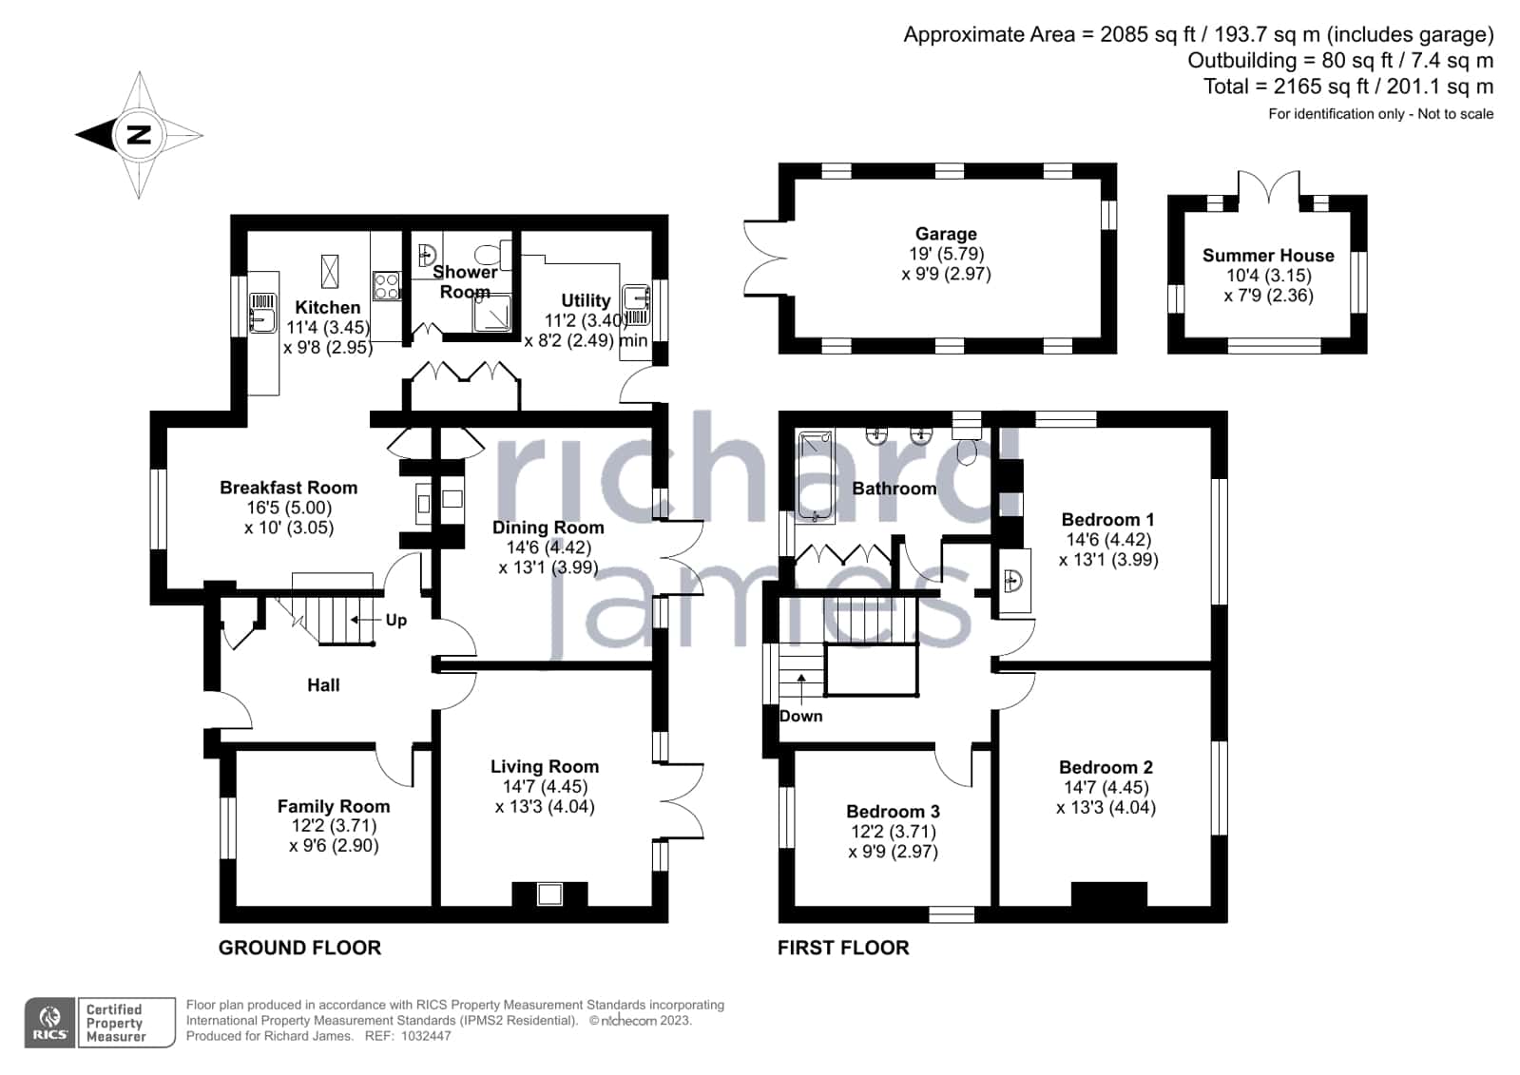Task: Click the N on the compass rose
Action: [x=139, y=134]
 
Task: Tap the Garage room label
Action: [x=946, y=234]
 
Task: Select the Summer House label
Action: [x=1268, y=256]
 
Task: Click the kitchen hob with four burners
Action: [x=386, y=285]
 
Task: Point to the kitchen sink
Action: [x=262, y=313]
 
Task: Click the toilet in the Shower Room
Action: [x=493, y=255]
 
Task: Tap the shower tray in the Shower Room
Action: [x=492, y=314]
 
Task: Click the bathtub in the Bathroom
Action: [x=815, y=478]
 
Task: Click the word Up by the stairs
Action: [x=396, y=621]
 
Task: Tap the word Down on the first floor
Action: [x=800, y=716]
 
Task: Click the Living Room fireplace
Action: [x=549, y=893]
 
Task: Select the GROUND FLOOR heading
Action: [x=300, y=948]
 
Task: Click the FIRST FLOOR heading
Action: [x=843, y=948]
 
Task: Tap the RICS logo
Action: [x=50, y=1023]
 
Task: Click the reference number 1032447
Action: [x=426, y=1036]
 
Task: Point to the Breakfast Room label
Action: [x=288, y=488]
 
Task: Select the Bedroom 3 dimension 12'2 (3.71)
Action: [x=894, y=832]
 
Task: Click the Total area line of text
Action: [x=1348, y=86]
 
